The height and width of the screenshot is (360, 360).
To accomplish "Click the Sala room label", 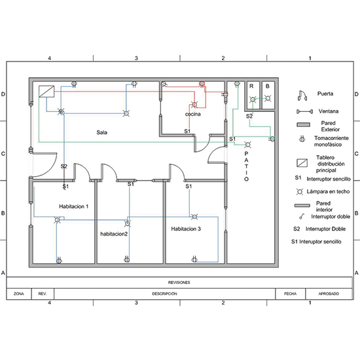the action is pyautogui.click(x=101, y=132).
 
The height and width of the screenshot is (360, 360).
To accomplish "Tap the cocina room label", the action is pyautogui.click(x=193, y=114).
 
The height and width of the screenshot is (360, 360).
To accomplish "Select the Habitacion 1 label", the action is pyautogui.click(x=74, y=206).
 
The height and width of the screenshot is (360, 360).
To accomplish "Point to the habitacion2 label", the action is pyautogui.click(x=114, y=234).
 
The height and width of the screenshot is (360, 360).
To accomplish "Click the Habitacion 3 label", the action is pyautogui.click(x=186, y=228).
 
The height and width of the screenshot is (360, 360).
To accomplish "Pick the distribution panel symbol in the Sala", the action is pyautogui.click(x=46, y=92).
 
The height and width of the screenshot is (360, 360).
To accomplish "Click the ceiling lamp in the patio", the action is pyautogui.click(x=247, y=145).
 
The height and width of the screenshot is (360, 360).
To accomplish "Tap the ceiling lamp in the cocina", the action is pyautogui.click(x=194, y=105).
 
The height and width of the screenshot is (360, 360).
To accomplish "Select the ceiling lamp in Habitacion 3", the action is pyautogui.click(x=194, y=217).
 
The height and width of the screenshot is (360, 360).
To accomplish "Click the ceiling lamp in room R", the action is pyautogui.click(x=253, y=99).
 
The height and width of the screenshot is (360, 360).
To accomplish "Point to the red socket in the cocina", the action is pyautogui.click(x=202, y=84).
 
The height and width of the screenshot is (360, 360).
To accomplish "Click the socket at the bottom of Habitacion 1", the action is pyautogui.click(x=59, y=260).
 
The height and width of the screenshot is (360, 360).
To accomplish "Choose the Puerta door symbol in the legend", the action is pyautogui.click(x=302, y=96).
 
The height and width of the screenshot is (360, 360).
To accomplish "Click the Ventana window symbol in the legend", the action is pyautogui.click(x=304, y=111).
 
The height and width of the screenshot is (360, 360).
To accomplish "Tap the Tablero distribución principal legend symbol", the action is pyautogui.click(x=302, y=163).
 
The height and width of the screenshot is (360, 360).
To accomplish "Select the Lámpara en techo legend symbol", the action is pyautogui.click(x=299, y=192).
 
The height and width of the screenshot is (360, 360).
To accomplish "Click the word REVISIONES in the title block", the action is pyautogui.click(x=179, y=282).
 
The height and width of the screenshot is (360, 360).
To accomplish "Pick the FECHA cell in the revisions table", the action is pyautogui.click(x=291, y=294).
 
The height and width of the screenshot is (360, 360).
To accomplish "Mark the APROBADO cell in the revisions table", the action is pyautogui.click(x=329, y=294).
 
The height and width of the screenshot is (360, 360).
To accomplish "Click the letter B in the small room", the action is pyautogui.click(x=268, y=86).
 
